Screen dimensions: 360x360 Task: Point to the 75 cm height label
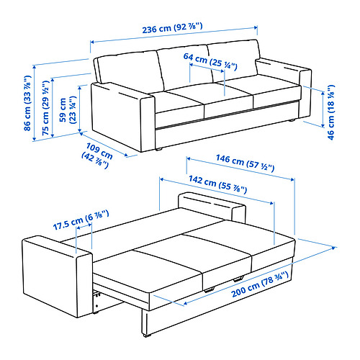tap(45, 105)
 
